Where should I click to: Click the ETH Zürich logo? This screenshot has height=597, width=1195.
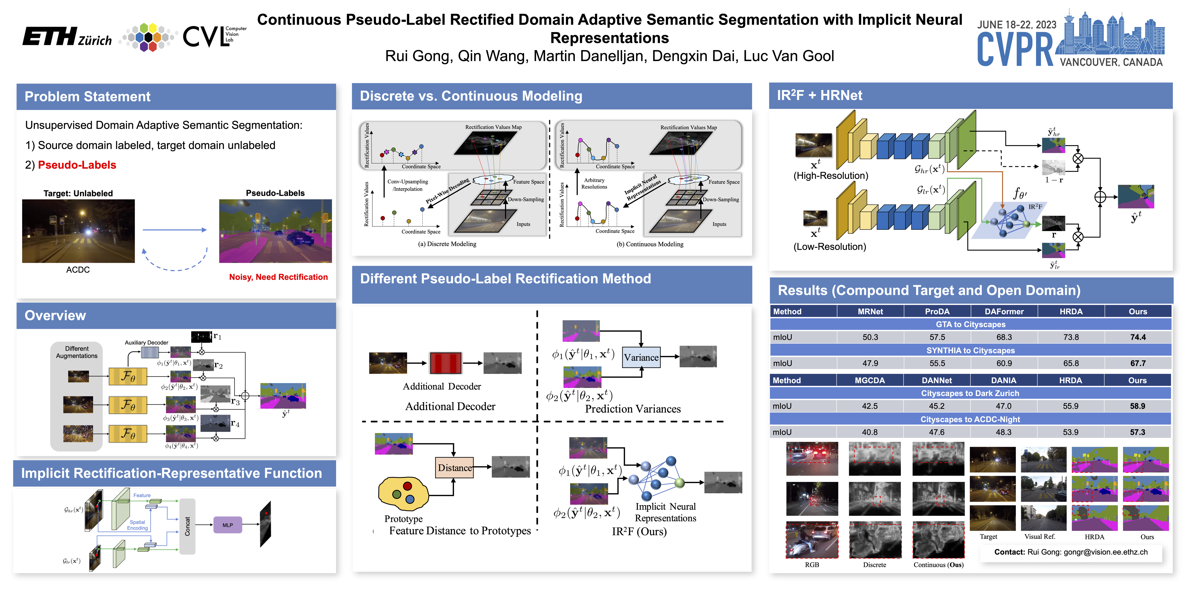(67, 37)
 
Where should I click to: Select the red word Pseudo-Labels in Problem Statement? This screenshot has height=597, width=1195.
(77, 165)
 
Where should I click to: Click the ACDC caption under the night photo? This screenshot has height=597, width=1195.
(78, 270)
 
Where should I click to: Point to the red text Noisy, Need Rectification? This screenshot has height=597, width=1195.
(278, 277)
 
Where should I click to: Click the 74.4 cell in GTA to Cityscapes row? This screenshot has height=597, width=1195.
(1138, 337)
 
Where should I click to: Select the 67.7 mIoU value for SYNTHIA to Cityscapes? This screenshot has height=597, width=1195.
(1138, 363)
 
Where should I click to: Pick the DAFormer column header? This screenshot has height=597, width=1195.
(1004, 312)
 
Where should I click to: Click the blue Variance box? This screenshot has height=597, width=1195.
(641, 357)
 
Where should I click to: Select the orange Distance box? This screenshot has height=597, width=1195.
(455, 468)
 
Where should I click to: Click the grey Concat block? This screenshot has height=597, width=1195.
(187, 526)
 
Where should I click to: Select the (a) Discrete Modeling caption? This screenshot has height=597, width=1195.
(447, 244)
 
